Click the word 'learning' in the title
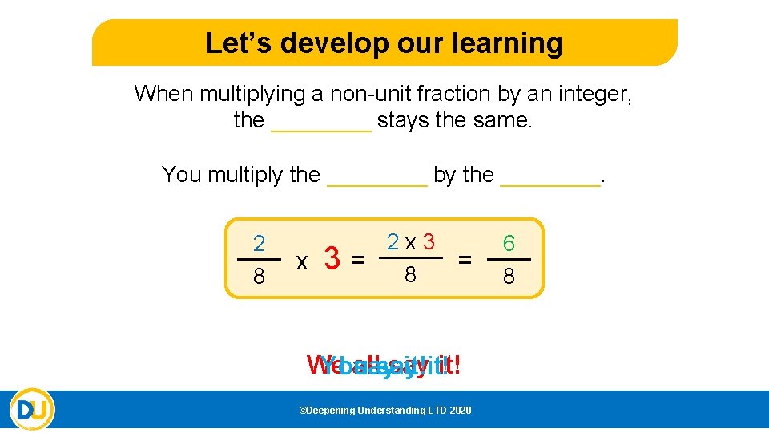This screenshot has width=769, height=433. [x=514, y=42]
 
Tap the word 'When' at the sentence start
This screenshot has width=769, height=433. [x=163, y=94]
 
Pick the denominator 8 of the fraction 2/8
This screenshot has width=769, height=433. [x=259, y=277]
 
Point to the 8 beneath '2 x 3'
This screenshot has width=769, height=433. [x=410, y=276]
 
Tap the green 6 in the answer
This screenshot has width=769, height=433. [x=509, y=243]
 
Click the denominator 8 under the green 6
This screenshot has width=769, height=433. [x=509, y=277]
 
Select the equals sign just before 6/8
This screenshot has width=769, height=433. [x=465, y=259]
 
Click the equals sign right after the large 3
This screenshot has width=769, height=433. [x=360, y=260]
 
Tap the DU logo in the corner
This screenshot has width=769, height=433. [x=33, y=409]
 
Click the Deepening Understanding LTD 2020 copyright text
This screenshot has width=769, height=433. [x=384, y=411]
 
